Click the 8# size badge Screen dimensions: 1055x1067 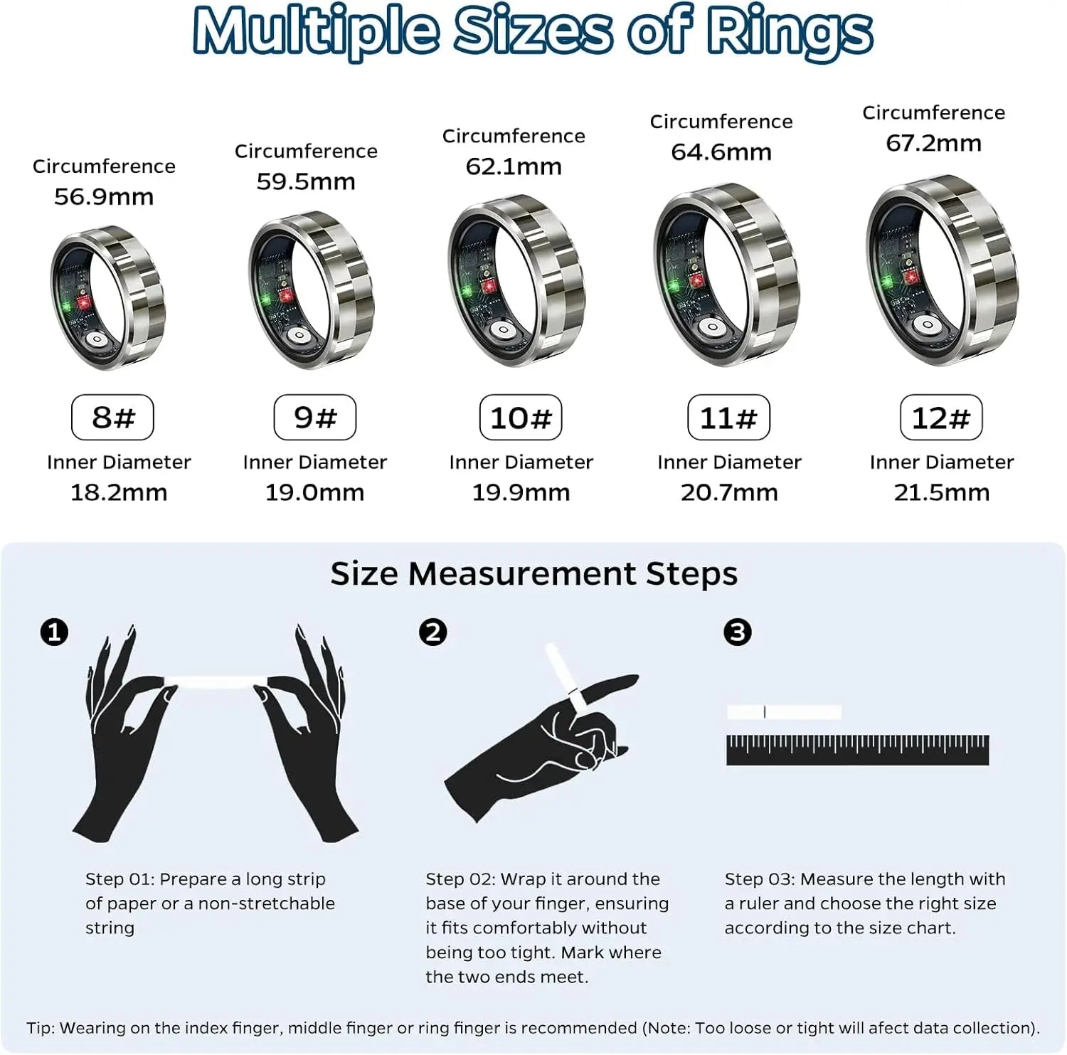[x=112, y=418]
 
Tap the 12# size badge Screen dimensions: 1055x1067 [x=941, y=418]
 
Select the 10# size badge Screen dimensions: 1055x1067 [x=521, y=418]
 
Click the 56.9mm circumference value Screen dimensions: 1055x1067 [x=104, y=196]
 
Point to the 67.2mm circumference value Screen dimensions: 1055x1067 [x=933, y=143]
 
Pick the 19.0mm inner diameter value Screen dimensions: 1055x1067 [x=314, y=492]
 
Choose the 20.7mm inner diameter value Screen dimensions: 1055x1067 [x=729, y=492]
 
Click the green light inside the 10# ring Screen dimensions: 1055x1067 [x=467, y=290]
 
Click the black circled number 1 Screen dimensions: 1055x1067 [x=55, y=632]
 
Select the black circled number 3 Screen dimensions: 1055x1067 [x=738, y=632]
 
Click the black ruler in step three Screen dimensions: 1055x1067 [x=857, y=751]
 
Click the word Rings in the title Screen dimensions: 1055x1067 [x=790, y=31]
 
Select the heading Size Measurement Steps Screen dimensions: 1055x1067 [x=533, y=573]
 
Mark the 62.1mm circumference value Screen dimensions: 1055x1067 [x=514, y=166]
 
